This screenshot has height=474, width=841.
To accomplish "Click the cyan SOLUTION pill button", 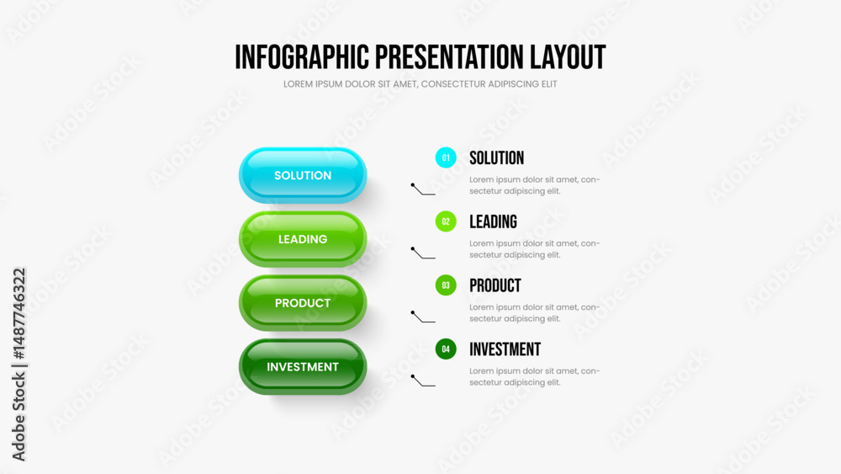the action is (303, 175).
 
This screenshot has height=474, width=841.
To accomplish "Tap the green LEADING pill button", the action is (303, 239).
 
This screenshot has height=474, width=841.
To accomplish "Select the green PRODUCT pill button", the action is (303, 303).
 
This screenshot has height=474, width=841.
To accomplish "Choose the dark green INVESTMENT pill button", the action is (303, 366).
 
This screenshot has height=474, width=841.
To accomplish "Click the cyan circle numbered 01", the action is (446, 157).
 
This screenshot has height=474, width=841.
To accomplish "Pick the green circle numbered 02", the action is (446, 221).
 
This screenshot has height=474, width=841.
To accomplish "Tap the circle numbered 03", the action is (446, 285).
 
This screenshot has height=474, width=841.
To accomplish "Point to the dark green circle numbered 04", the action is (446, 349).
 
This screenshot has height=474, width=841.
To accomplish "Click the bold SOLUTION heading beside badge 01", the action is (497, 157).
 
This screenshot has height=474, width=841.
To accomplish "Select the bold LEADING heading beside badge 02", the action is (494, 221).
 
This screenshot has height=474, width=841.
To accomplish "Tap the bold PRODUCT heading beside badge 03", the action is (495, 285).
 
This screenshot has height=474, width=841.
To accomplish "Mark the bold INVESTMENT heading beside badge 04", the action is (505, 349).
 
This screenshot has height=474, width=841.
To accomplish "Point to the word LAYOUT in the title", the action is (568, 57).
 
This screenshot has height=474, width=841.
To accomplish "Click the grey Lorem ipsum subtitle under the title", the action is (420, 84).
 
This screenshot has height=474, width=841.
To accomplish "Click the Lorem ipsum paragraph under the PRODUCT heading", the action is (534, 313).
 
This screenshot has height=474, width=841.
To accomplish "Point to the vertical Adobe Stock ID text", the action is (19, 365).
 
